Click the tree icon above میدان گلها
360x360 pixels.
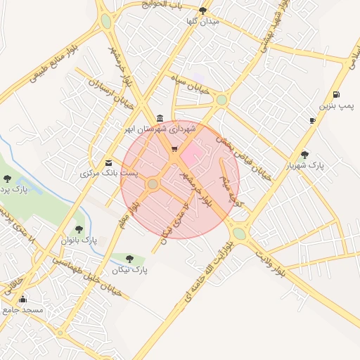coord(203,11)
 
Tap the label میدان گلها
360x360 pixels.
coord(203,21)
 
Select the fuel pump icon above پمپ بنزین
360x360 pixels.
coord(337,95)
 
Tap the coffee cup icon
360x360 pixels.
coord(312,121)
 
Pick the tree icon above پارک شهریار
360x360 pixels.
coord(304,155)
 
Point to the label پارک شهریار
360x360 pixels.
coord(305,166)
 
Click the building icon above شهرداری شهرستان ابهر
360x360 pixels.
coord(161,117)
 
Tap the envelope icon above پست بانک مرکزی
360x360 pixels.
coord(108,162)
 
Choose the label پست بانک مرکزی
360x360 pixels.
coord(109,173)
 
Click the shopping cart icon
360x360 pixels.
coord(174,149)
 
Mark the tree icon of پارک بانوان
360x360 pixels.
coord(79,229)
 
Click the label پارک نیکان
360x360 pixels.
coord(129,270)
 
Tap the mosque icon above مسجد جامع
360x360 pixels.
coord(22,298)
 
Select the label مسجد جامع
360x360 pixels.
coord(22,309)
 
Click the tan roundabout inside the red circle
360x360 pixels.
coord(153,184)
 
